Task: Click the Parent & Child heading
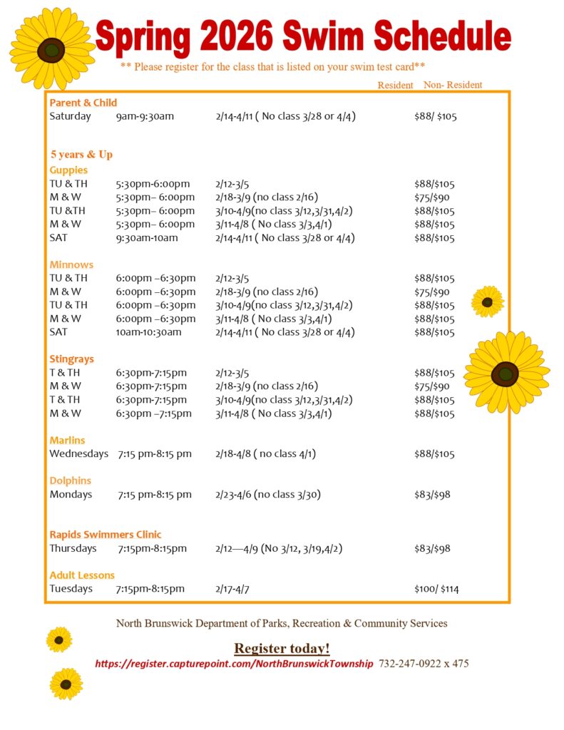pyautogui.click(x=83, y=103)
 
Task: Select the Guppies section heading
pyautogui.click(x=68, y=170)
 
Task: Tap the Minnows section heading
pyautogui.click(x=71, y=265)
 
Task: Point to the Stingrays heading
pyautogui.click(x=71, y=359)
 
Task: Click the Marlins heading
pyautogui.click(x=67, y=441)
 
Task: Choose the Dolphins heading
pyautogui.click(x=70, y=481)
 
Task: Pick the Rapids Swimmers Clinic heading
pyautogui.click(x=106, y=535)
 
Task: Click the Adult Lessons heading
pyautogui.click(x=82, y=575)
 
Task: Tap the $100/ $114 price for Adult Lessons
pyautogui.click(x=436, y=589)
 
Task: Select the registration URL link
pyautogui.click(x=234, y=664)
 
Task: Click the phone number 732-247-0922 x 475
pyautogui.click(x=424, y=664)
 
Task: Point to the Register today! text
pyautogui.click(x=282, y=648)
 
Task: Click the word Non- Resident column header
pyautogui.click(x=453, y=85)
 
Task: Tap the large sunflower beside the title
pyautogui.click(x=51, y=49)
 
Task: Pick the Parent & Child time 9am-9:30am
pyautogui.click(x=145, y=116)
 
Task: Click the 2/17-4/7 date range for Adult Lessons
pyautogui.click(x=232, y=589)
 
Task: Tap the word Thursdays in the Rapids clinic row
pyautogui.click(x=73, y=548)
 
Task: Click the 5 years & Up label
pyautogui.click(x=81, y=155)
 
